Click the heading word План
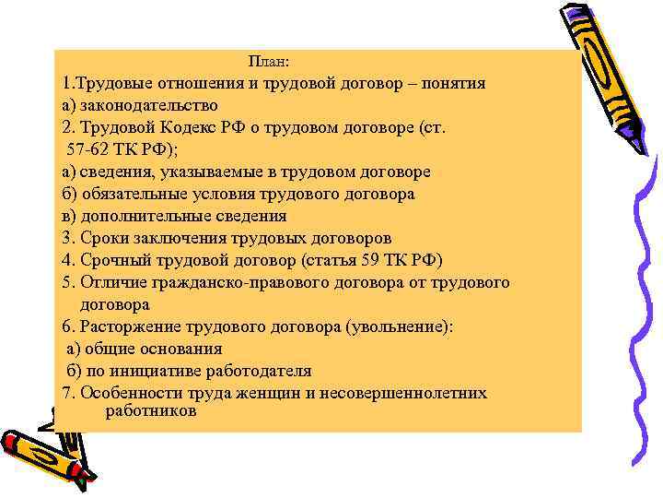pos(269,62)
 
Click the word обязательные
pos(136,194)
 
